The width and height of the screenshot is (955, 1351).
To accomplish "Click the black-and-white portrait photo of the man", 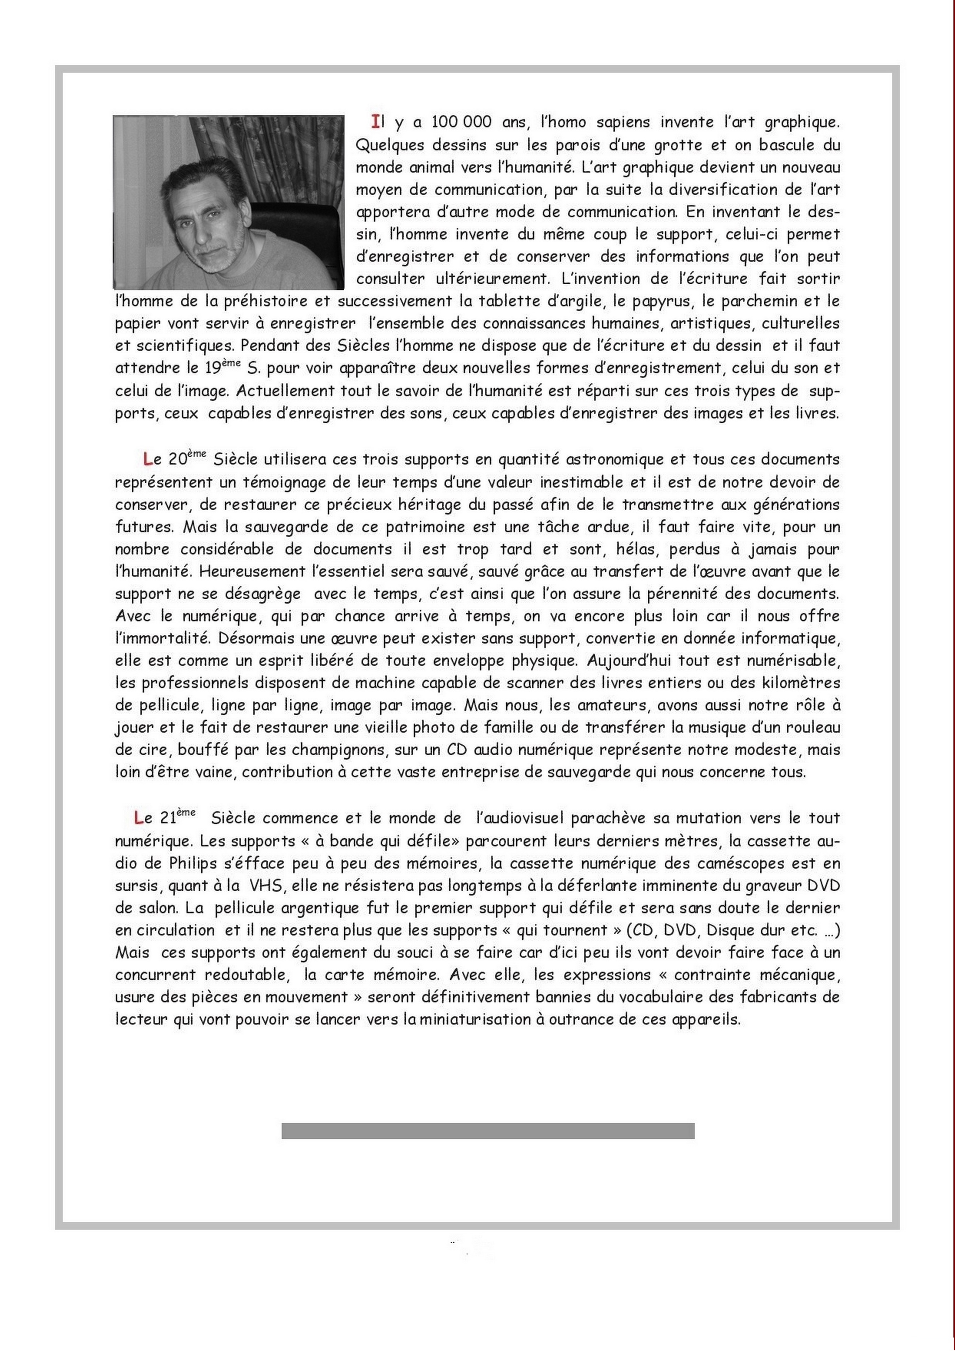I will coord(228,202).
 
